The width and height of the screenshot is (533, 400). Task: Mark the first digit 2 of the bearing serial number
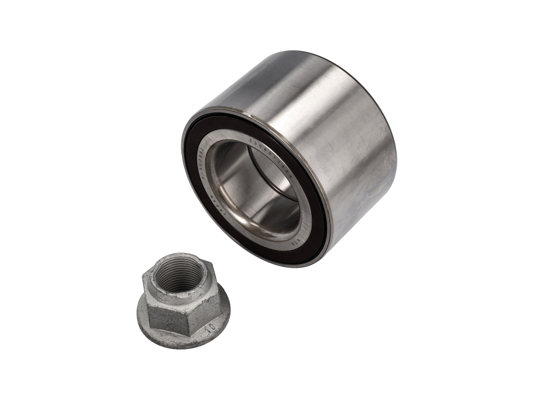click(x=250, y=142)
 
